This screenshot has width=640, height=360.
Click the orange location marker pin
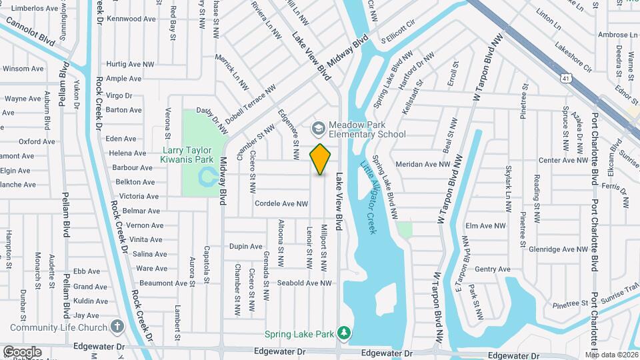[321, 159]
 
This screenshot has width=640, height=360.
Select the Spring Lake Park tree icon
[344, 332]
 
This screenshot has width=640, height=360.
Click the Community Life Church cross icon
[117, 327]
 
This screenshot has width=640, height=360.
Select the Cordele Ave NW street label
[281, 204]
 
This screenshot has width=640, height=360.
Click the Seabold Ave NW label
[305, 283]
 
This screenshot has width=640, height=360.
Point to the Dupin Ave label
[245, 246]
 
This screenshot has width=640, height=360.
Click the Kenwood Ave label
[131, 19]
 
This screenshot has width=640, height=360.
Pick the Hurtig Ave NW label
[131, 64]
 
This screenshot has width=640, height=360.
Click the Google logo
[22, 352]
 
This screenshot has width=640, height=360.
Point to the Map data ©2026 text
[611, 355]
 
